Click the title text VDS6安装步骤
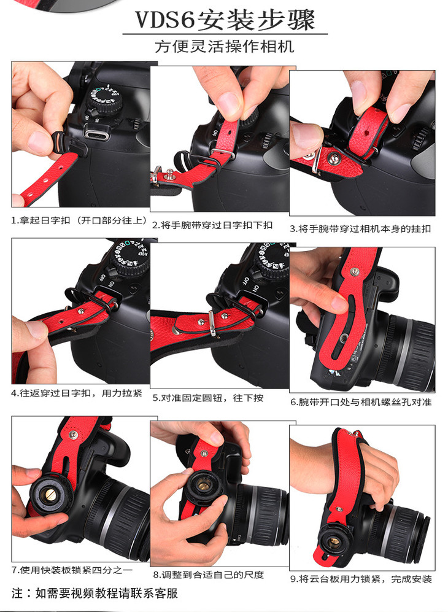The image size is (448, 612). coord(225,20)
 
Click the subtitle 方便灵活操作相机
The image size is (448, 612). coord(225,47)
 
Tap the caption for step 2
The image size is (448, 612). coord(212,225)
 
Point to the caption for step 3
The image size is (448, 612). coord(360,229)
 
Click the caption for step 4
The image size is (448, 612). coord(77,393)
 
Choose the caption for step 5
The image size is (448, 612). coord(207,398)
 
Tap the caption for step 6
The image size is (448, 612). coord(361,402)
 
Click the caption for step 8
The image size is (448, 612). coord(209,575)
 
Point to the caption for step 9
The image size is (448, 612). coord(361,579)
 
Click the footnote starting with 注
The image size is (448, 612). coord(95,593)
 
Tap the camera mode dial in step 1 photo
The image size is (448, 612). coord(103,100)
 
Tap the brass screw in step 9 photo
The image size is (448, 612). coord(335,541)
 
